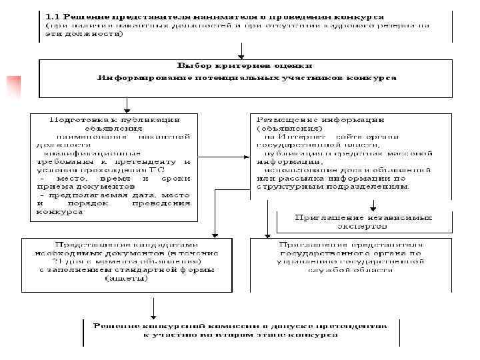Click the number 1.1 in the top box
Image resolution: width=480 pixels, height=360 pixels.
coord(53,14)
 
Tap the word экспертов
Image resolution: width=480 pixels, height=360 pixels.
coord(363,226)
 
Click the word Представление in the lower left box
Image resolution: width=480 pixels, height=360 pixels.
coord(87,245)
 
